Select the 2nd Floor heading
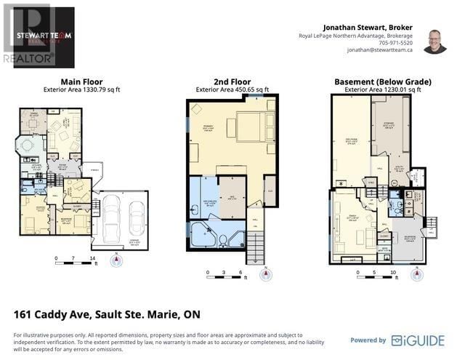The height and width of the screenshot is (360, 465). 232,81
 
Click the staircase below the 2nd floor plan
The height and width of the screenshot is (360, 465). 256,251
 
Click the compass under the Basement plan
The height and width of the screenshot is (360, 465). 417,274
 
